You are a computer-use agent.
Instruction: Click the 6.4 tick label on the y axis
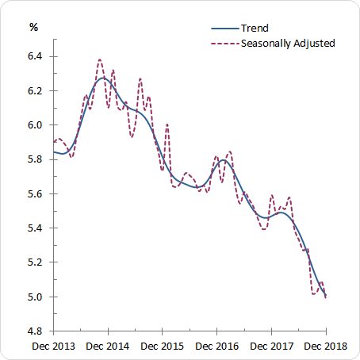[37, 56]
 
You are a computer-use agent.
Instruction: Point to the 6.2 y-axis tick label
[37, 90]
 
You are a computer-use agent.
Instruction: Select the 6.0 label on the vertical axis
[37, 125]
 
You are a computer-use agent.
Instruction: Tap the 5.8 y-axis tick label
[37, 159]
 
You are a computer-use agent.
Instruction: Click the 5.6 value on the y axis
[37, 193]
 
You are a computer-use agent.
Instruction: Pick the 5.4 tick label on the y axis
[37, 228]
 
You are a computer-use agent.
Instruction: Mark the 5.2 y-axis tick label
[37, 262]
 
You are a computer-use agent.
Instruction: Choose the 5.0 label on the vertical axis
[37, 297]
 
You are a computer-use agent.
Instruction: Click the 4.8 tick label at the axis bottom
[37, 331]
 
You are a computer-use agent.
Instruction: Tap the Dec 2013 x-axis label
[53, 347]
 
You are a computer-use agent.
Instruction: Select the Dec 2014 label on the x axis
[108, 347]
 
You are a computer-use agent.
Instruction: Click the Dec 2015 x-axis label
[163, 347]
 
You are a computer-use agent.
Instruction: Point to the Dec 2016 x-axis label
[216, 347]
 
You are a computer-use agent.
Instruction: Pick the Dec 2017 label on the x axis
[271, 347]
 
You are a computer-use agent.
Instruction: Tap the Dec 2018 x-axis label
[325, 347]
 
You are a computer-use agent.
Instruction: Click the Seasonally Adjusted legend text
[286, 43]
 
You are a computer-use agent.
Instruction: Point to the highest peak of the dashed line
[100, 59]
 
